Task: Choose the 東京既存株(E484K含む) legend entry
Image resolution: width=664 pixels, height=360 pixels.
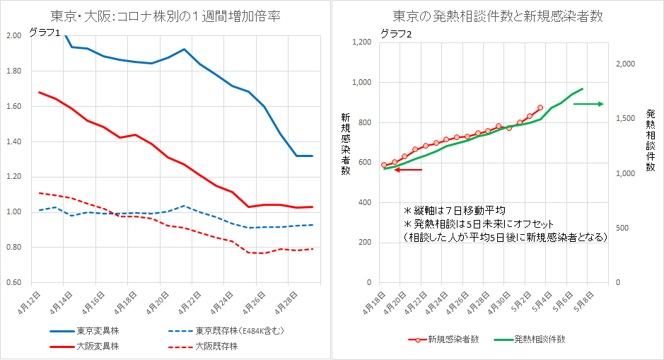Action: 233,330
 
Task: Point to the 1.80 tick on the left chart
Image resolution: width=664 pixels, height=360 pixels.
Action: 13,71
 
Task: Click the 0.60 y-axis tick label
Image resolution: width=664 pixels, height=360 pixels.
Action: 13,283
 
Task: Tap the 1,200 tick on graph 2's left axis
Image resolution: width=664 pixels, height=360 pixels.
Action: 361,42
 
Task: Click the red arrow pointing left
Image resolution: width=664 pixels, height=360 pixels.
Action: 409,170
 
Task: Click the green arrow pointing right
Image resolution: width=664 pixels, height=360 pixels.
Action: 588,104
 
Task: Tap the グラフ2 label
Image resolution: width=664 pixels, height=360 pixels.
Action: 395,33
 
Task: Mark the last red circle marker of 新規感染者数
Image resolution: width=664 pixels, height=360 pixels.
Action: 540,108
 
